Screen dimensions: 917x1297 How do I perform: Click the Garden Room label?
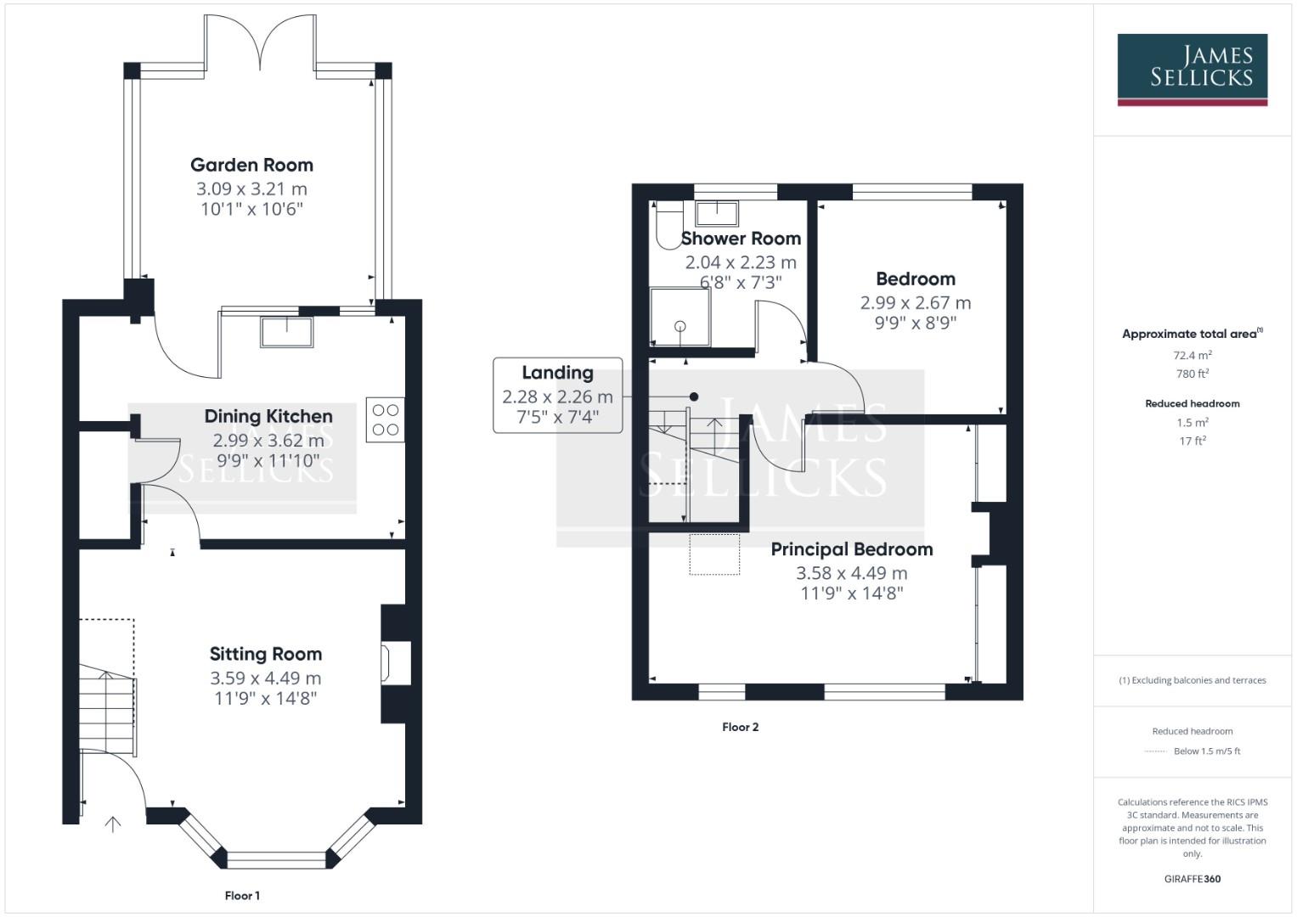(251, 165)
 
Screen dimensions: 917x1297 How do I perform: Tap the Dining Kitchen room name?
(268, 416)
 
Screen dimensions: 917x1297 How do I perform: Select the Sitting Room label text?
(266, 654)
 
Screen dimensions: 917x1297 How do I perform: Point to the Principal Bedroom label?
(851, 549)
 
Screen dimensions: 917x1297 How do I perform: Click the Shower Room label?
(741, 239)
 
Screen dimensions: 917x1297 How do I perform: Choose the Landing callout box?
(557, 395)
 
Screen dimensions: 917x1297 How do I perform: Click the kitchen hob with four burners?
(385, 419)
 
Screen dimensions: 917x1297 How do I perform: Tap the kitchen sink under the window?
(287, 331)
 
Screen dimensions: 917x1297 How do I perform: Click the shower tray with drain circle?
(680, 317)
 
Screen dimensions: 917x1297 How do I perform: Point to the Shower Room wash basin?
(717, 211)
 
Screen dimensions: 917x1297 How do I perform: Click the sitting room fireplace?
(397, 662)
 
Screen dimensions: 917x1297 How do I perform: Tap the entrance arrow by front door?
(112, 823)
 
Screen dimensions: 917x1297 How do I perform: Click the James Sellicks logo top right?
(1192, 69)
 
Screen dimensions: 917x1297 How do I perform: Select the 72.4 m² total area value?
(1192, 355)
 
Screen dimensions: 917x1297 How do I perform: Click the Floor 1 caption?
(242, 895)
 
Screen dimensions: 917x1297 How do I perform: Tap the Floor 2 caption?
(740, 727)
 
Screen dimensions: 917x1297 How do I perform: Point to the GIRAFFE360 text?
(1192, 879)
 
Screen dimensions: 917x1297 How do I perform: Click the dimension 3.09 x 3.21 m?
(251, 188)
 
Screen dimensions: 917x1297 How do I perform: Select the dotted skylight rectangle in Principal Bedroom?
(713, 554)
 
